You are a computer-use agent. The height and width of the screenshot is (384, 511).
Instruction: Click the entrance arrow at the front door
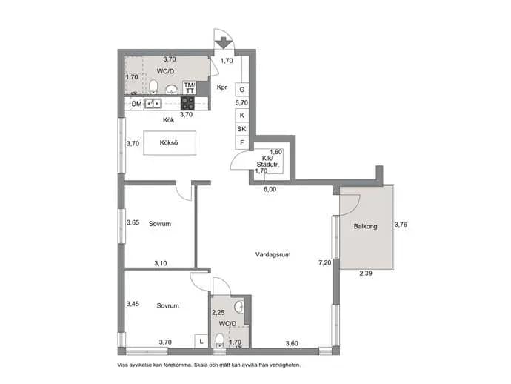pos(224,43)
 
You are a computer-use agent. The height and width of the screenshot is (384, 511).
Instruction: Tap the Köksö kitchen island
pos(170,143)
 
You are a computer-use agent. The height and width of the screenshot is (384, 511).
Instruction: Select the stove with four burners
pos(187,104)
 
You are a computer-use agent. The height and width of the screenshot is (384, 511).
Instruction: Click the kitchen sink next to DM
pos(153,104)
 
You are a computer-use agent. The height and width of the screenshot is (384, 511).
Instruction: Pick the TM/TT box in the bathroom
pos(190,88)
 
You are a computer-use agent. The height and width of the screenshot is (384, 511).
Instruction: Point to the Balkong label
pos(365,226)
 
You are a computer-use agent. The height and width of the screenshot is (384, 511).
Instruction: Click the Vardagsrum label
pos(273,254)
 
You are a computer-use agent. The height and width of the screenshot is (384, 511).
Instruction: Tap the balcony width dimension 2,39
pos(366,274)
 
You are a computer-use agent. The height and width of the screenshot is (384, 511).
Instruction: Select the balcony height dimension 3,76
pos(401,225)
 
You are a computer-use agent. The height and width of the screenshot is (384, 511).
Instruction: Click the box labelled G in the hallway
pos(242,90)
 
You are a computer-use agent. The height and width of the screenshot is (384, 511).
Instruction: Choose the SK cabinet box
pos(242,129)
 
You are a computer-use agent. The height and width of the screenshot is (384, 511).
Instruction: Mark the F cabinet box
pos(242,142)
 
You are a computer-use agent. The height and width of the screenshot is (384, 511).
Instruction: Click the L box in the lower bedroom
pos(201,342)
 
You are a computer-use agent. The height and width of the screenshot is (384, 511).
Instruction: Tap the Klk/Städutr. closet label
pos(268,161)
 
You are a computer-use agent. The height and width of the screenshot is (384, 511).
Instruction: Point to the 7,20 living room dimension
pos(325,262)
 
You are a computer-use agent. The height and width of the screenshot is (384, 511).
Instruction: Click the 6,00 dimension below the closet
pos(270,189)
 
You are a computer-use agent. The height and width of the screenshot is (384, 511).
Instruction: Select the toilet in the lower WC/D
pos(219,340)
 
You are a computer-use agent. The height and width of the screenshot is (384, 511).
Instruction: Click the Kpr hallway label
pos(222,87)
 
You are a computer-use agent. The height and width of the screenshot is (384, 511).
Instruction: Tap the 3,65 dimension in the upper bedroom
pos(133,222)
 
